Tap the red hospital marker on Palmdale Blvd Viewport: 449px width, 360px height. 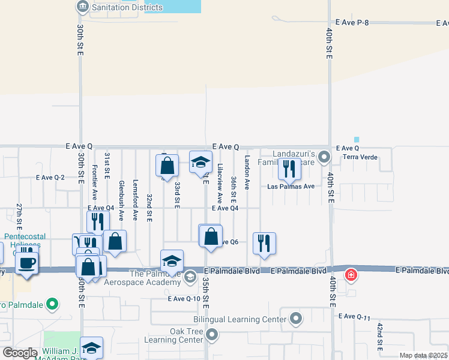(351, 275)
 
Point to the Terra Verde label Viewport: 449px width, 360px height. (358, 157)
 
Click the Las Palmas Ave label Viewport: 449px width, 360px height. (291, 187)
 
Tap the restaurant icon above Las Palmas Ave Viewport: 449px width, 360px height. (289, 169)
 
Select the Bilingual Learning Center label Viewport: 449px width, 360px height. (239, 320)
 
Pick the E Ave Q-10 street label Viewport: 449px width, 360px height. (184, 298)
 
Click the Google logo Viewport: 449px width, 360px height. (20, 352)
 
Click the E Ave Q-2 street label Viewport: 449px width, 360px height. (50, 178)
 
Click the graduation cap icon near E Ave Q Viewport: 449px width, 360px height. (200, 162)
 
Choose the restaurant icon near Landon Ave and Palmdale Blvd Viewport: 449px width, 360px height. (264, 244)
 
